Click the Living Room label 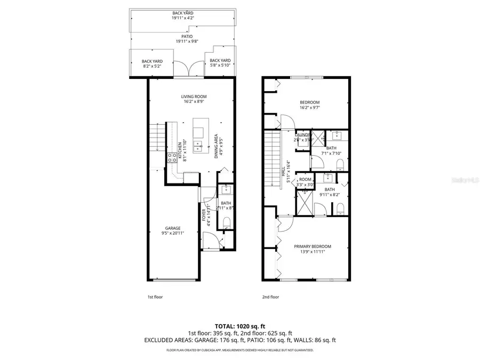click(x=193, y=97)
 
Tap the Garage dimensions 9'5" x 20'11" click(x=172, y=233)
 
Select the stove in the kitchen click(x=173, y=157)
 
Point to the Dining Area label click(x=216, y=146)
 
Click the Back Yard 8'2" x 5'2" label click(x=153, y=64)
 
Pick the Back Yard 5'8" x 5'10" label click(x=220, y=63)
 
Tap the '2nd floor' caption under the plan click(x=270, y=297)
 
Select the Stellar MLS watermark click(x=463, y=181)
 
